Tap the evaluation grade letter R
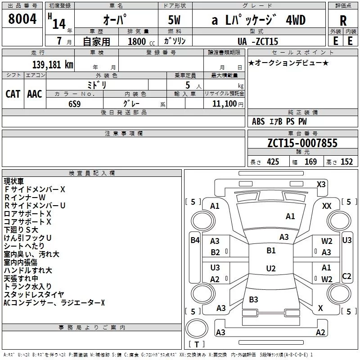pos(343,21)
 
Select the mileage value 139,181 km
pos(53,64)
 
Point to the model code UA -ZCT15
pos(258,42)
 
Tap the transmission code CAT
pos(13,94)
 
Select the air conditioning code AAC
pos(35,94)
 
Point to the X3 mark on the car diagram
pos(321,184)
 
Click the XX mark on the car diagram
pos(327,206)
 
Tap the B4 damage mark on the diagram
pos(195,240)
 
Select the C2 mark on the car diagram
pos(346,276)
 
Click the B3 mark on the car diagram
pos(253,299)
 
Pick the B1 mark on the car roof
pos(271,251)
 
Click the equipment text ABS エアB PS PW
pos(280,121)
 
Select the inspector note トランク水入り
pos(28,286)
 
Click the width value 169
pos(311,162)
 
